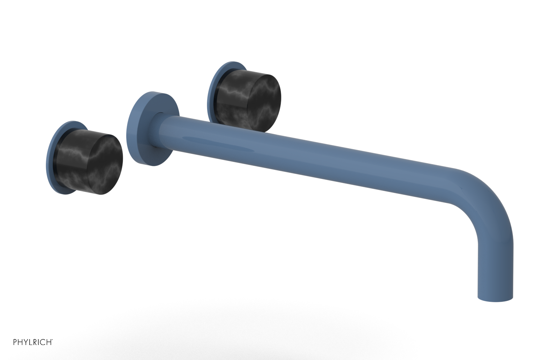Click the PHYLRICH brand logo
click(33, 342)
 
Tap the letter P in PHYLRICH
click(15, 342)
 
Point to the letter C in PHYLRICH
click(44, 342)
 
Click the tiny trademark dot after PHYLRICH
click(53, 340)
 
